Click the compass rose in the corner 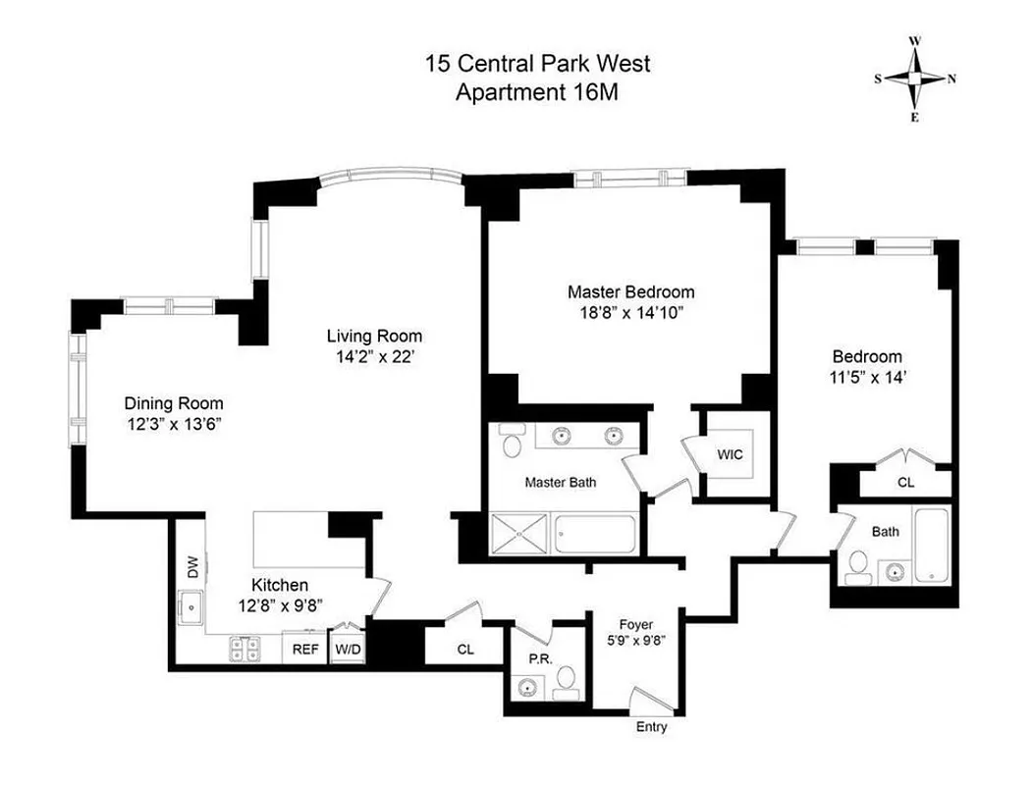[x=914, y=79]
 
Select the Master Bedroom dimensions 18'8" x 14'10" [x=630, y=313]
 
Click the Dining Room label [x=174, y=403]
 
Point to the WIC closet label [x=730, y=454]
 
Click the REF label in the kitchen [x=305, y=649]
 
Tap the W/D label [x=347, y=649]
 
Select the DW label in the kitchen [x=192, y=568]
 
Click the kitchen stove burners [x=245, y=648]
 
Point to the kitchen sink [x=190, y=609]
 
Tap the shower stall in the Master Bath [x=520, y=537]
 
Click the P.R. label [x=539, y=658]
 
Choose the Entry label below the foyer [x=651, y=727]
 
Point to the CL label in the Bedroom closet [x=906, y=482]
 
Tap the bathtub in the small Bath [x=929, y=547]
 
